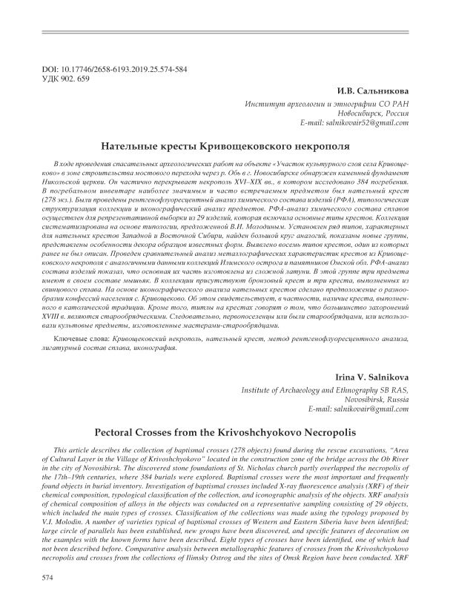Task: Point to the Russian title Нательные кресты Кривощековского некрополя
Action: [226, 146]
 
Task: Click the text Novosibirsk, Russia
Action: [377, 400]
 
